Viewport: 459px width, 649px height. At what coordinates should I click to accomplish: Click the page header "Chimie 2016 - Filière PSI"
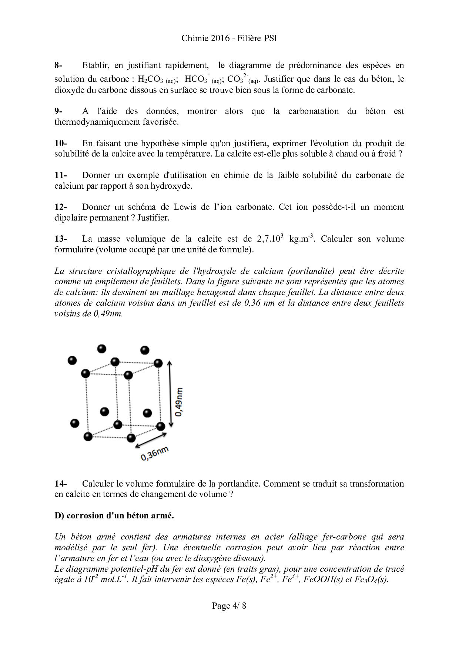point(229,38)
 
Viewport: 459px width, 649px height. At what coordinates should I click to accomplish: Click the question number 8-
point(58,65)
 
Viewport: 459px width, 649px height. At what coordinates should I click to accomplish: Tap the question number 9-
point(58,111)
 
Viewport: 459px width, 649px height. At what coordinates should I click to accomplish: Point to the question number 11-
point(60,175)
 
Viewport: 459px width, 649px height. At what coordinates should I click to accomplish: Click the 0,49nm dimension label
point(180,402)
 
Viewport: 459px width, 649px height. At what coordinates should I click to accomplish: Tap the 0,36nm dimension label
point(154,454)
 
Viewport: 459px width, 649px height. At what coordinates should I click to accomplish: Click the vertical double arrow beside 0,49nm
point(170,394)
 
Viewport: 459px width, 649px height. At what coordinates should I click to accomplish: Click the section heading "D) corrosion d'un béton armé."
point(114,515)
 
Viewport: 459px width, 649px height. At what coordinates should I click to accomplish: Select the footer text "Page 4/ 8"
point(229,606)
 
